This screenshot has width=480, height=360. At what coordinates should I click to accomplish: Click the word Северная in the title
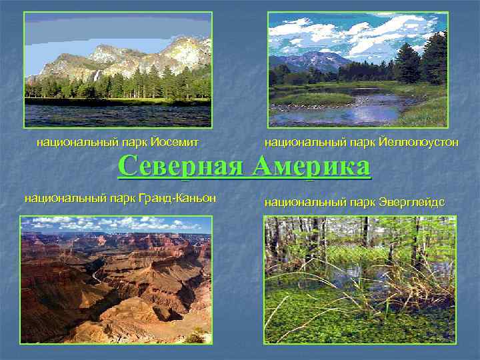point(179,166)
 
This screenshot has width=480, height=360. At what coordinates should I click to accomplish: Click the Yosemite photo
point(118,69)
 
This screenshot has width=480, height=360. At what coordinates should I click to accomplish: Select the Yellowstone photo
point(357,69)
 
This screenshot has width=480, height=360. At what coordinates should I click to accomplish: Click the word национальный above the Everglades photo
point(299,201)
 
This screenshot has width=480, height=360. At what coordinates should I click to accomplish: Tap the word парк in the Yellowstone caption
point(364,141)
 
